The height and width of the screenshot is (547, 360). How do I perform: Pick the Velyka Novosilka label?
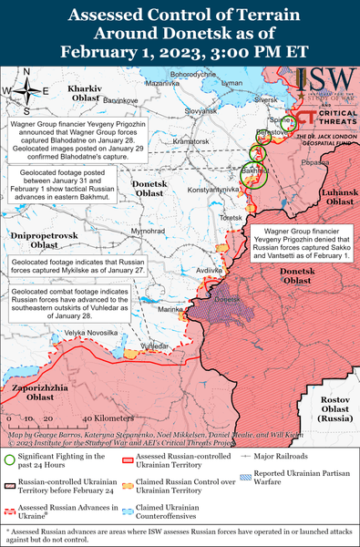click(89, 332)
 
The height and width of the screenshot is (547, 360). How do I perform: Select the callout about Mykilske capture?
click(75, 265)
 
